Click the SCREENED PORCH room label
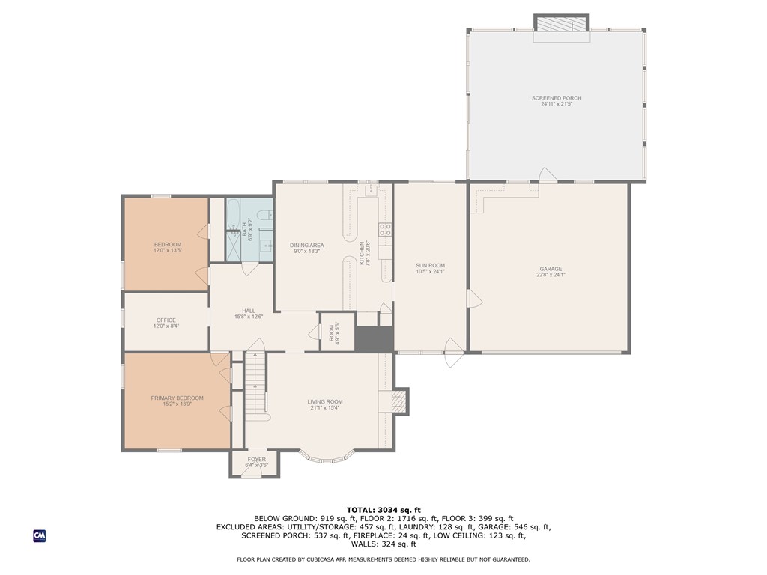(x=556, y=98)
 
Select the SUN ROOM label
(x=431, y=266)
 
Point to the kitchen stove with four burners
(x=385, y=230)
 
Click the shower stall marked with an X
(x=236, y=246)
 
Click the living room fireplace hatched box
(x=400, y=402)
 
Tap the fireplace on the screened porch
(x=561, y=24)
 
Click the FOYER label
(x=256, y=459)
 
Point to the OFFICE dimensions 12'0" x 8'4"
(x=166, y=326)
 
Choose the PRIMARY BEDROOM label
(x=177, y=398)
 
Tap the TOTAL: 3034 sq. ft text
(x=383, y=510)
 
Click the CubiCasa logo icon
(x=39, y=535)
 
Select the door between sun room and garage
(x=470, y=299)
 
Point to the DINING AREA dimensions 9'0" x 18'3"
(x=306, y=251)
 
